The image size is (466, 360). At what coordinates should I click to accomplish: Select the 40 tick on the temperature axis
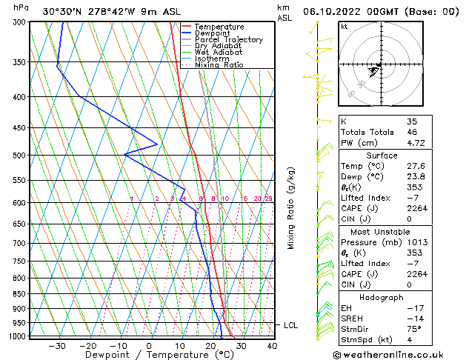[272, 345]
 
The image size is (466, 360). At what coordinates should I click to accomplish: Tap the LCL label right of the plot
[291, 325]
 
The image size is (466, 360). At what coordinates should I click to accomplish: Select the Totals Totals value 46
[412, 132]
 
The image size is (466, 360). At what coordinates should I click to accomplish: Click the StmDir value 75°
[414, 329]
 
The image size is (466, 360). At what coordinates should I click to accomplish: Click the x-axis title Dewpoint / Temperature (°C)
[150, 355]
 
